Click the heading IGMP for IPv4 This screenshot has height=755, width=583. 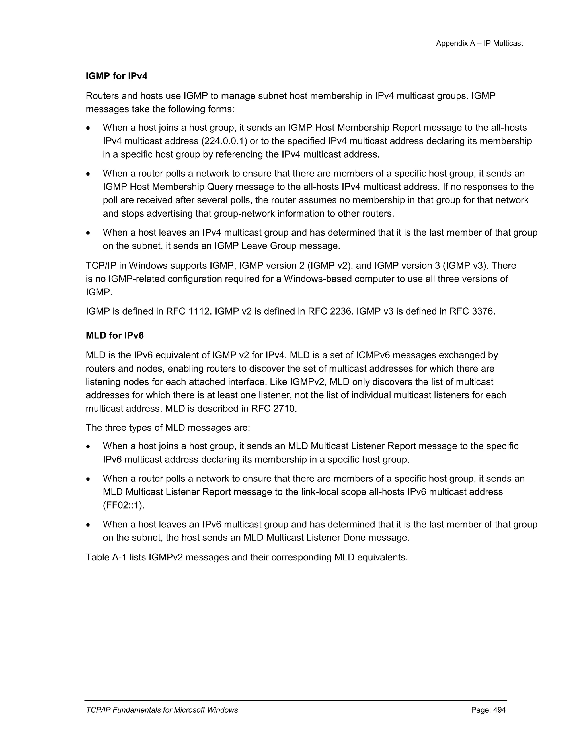(116, 76)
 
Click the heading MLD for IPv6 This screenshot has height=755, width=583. (115, 336)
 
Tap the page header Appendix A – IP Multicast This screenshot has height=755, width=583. (479, 44)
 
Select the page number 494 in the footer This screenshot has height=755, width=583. (499, 710)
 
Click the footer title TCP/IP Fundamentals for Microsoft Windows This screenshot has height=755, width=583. (162, 710)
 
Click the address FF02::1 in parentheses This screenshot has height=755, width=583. (123, 505)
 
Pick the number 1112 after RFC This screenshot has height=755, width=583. (199, 311)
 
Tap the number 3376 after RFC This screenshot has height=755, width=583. (483, 311)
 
